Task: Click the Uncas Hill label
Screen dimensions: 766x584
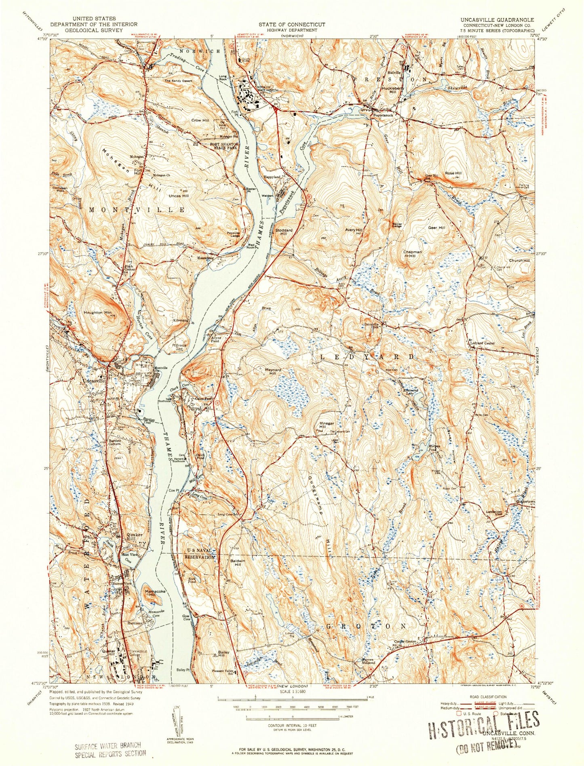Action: (x=178, y=196)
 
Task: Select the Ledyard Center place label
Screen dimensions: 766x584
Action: (x=483, y=343)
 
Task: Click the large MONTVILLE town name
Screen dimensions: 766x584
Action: (x=137, y=210)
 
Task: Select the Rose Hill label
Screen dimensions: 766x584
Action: (x=453, y=173)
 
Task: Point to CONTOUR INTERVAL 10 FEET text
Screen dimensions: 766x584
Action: (x=292, y=726)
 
